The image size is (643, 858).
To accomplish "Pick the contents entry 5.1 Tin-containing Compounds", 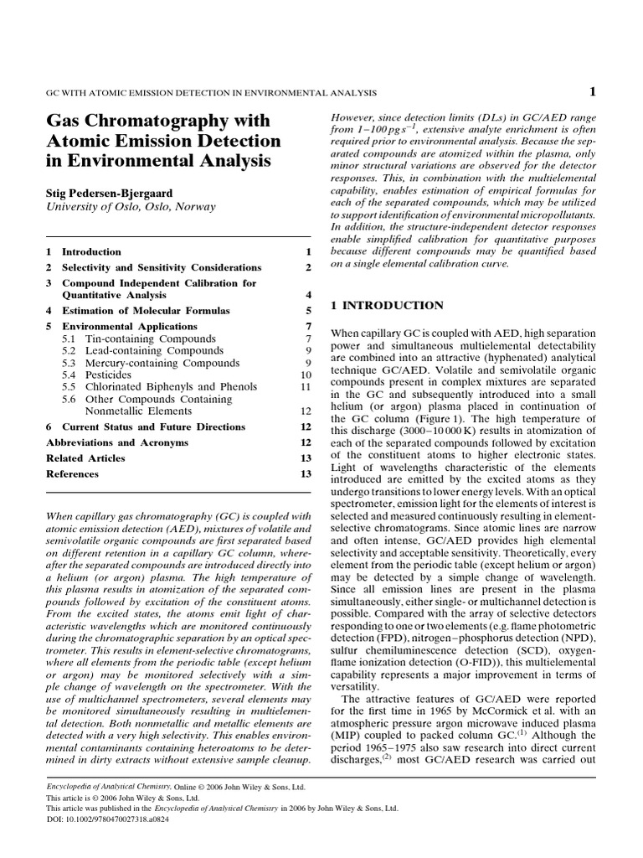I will (x=138, y=339).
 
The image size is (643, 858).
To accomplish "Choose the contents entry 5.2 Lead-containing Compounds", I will (x=142, y=350).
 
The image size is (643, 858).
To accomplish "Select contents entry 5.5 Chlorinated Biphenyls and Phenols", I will (x=159, y=387).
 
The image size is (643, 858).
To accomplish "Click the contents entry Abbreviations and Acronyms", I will (x=116, y=442).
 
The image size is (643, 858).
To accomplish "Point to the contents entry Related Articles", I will (x=85, y=458).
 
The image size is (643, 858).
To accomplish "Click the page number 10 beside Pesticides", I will (x=306, y=375).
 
